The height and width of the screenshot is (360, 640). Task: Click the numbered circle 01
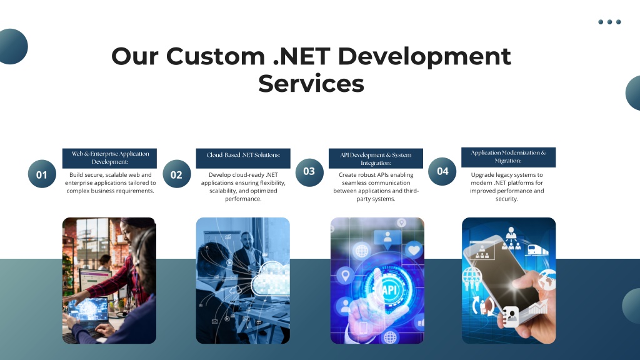click(x=42, y=174)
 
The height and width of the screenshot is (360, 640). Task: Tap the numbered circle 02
click(x=177, y=174)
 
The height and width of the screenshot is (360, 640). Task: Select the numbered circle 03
click(x=309, y=172)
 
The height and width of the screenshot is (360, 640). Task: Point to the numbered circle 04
click(x=442, y=171)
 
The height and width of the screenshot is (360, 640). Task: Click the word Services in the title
click(x=311, y=84)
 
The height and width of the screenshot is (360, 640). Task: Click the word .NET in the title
click(x=302, y=56)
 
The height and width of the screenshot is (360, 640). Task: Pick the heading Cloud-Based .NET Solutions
click(x=243, y=155)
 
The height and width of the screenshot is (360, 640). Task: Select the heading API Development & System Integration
click(x=376, y=159)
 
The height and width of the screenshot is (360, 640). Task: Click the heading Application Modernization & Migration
click(x=509, y=157)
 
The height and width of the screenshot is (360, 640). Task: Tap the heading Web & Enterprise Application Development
click(x=110, y=157)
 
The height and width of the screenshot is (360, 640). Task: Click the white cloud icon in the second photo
click(x=271, y=279)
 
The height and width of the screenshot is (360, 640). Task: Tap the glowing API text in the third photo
click(x=389, y=290)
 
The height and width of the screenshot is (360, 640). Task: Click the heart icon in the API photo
click(x=414, y=250)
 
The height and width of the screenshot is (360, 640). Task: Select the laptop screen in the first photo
click(x=89, y=309)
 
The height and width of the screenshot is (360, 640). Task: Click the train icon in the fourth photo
click(x=536, y=249)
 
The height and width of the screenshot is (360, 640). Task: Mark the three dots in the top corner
click(x=609, y=22)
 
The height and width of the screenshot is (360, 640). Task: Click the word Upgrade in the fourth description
click(x=483, y=175)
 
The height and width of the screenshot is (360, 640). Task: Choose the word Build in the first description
click(x=76, y=175)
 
